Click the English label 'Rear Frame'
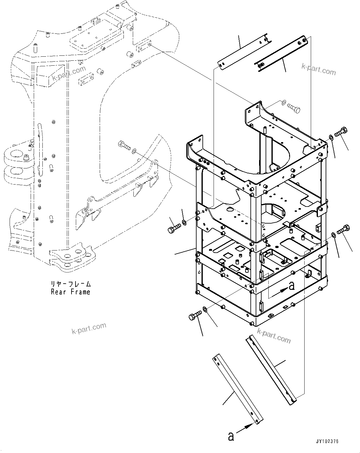pos(71,292)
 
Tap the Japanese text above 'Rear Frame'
pos(71,284)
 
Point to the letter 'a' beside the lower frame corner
pos(291,286)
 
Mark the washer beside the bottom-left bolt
pos(205,309)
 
